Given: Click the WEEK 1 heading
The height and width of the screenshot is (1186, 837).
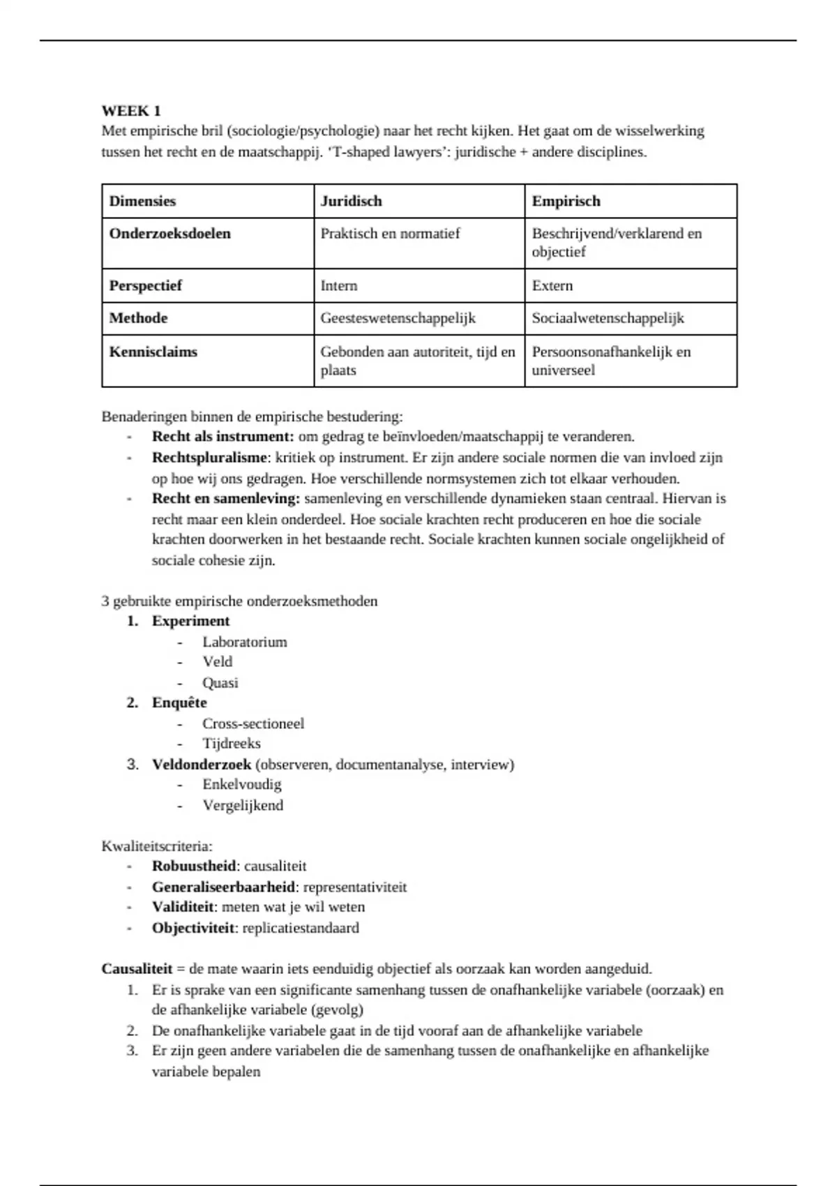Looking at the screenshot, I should (x=131, y=111).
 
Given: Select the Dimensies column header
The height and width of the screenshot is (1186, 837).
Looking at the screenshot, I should (x=142, y=202).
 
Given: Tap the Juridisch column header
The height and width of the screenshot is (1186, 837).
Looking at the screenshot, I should (x=351, y=202).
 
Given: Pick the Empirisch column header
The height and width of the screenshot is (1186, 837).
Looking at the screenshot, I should (x=566, y=202).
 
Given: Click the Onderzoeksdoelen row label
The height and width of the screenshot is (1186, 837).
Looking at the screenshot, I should (x=169, y=234).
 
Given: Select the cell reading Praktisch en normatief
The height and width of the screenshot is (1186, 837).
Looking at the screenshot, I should (x=390, y=234).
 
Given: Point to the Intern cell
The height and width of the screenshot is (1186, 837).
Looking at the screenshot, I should (x=339, y=286).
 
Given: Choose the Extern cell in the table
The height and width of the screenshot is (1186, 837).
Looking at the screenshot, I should (x=552, y=286).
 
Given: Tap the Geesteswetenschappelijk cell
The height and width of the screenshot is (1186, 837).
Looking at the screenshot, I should (x=398, y=319).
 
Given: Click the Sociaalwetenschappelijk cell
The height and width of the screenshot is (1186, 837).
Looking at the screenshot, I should (x=608, y=319).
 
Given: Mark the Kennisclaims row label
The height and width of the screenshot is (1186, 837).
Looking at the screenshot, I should (x=153, y=352).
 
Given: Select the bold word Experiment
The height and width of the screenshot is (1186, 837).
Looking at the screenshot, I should (x=190, y=622).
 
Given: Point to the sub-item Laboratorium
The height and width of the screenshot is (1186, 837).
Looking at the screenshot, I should (x=245, y=643).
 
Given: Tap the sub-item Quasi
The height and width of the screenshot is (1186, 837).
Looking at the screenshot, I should (x=220, y=683).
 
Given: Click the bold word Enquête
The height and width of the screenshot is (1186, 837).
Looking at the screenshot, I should (x=179, y=703).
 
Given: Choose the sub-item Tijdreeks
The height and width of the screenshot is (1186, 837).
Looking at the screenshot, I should (x=232, y=744).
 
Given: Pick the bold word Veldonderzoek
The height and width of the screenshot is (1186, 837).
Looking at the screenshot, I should (x=202, y=765).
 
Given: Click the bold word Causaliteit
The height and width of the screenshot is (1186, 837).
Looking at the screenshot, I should (x=137, y=970).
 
